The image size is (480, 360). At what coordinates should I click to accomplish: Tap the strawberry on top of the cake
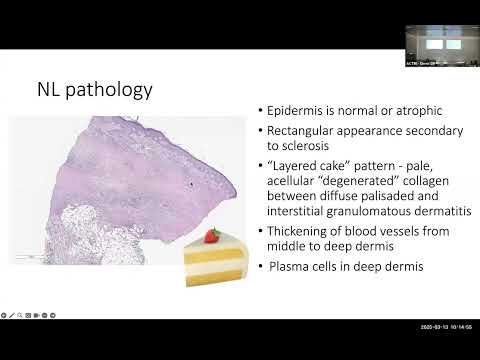tap(212, 236)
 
